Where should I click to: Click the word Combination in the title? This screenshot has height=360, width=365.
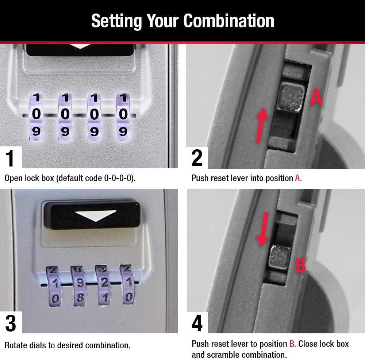coord(228,21)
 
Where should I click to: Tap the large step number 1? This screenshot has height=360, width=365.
coord(10,158)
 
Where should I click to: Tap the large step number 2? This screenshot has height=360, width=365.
coord(197,158)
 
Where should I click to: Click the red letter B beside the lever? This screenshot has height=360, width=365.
coord(300,265)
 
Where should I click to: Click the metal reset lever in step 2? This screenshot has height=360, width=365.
coord(291,97)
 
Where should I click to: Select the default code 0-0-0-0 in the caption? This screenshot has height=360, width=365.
coord(114,178)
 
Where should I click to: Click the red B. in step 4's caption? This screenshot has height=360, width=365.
coord(292,344)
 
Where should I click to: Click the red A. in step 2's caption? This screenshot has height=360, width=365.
coord(298,178)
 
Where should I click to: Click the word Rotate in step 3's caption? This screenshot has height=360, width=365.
coord(15,345)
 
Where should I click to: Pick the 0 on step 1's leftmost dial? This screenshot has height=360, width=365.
coord(36,114)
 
